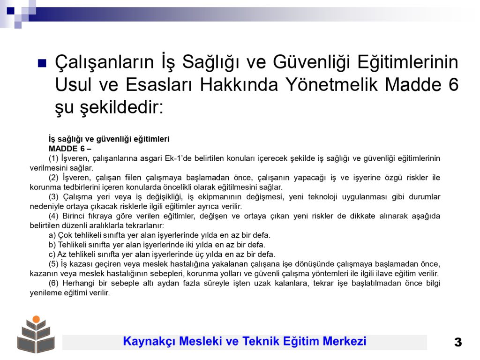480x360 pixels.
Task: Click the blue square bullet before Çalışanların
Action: [42, 63]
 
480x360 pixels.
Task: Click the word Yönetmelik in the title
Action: [331, 84]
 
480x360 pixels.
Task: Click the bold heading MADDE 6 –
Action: [70, 149]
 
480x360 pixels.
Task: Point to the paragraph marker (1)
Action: [53, 158]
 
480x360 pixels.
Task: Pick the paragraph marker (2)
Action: [53, 178]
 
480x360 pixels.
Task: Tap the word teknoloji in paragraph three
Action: [322, 197]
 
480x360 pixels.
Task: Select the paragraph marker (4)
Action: [53, 216]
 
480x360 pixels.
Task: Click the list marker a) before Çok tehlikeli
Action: [52, 235]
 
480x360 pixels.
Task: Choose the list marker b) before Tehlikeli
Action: [52, 245]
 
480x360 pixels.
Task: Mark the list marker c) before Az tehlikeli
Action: [52, 255]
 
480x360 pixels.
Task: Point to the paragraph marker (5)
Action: [53, 264]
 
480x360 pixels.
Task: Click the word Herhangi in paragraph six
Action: [78, 284]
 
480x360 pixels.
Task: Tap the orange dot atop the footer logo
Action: [36, 319]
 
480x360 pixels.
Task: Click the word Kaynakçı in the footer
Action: [150, 341]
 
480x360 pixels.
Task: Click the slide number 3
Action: [458, 342]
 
